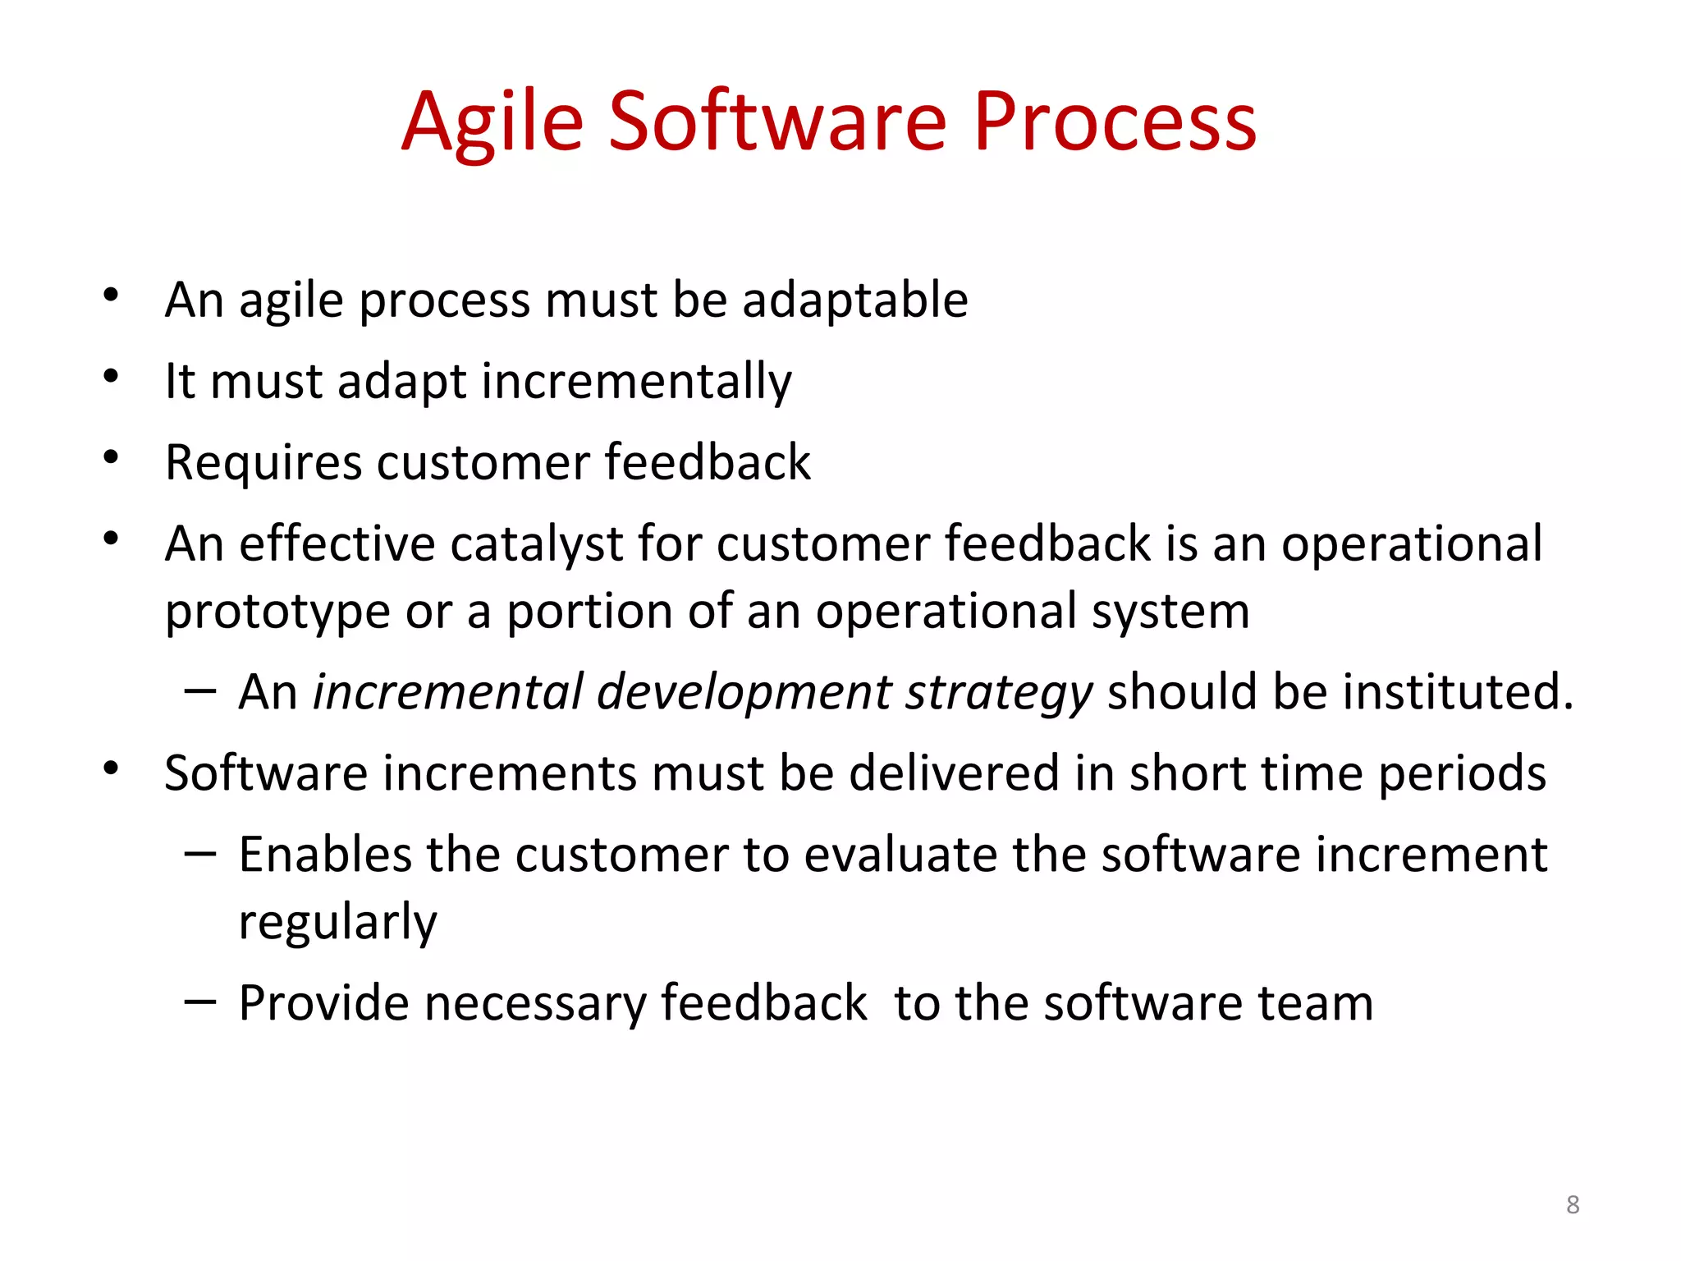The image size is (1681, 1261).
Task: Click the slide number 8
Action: coord(1573,1204)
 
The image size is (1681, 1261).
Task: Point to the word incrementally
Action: coord(636,381)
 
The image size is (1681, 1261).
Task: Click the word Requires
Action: coord(263,462)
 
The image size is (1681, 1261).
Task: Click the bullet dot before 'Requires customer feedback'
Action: coord(111,457)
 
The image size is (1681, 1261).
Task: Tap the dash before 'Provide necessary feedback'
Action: coord(199,1002)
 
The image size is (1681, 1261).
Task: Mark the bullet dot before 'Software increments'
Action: coord(111,768)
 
